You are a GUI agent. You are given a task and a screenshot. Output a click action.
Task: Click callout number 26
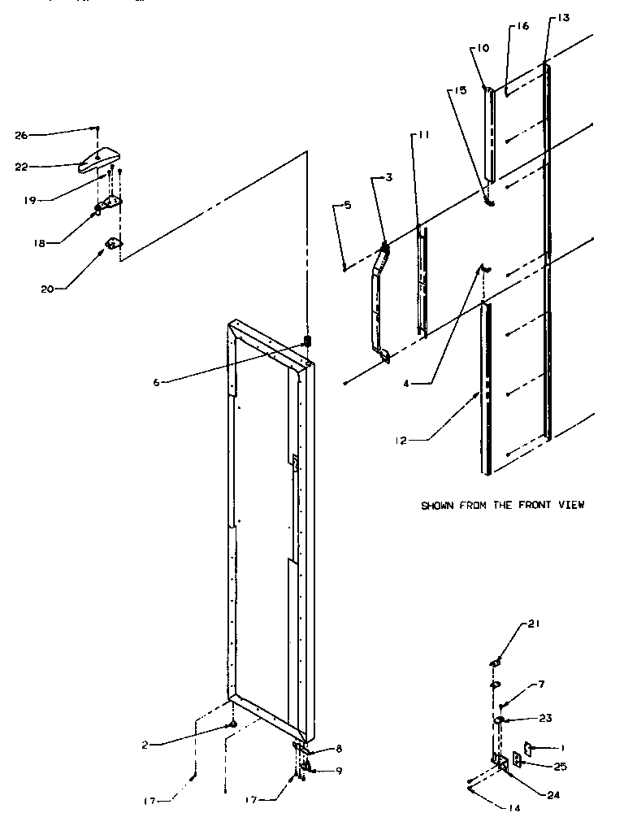[x=21, y=135]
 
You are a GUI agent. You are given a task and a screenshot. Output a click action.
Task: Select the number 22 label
[x=21, y=166]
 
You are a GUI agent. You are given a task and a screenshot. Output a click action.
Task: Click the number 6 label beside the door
[x=156, y=381]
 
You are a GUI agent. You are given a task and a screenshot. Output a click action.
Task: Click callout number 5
[x=347, y=206]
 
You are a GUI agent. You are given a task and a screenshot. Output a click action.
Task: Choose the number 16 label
[x=522, y=27]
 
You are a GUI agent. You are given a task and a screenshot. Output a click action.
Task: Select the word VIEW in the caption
[x=570, y=505]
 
